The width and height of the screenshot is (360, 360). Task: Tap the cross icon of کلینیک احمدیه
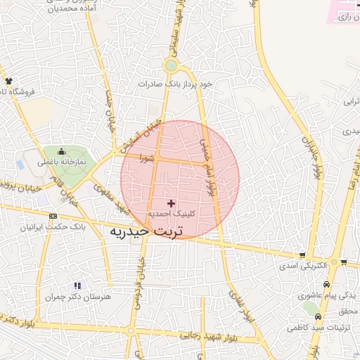(171, 202)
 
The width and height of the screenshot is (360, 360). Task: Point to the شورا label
(146, 158)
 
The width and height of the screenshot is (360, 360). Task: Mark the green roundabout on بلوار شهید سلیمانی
(171, 66)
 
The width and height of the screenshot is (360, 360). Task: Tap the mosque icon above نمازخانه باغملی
(61, 151)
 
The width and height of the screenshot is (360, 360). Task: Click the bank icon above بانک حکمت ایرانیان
(53, 217)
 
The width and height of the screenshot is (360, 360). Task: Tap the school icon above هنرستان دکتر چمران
(77, 285)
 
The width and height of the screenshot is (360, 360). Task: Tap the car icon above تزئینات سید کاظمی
(319, 316)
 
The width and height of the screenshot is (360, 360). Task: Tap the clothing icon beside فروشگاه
(8, 81)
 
